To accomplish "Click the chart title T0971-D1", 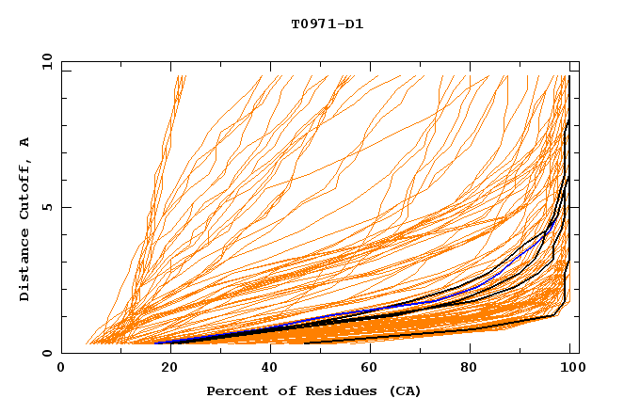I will click(x=327, y=24).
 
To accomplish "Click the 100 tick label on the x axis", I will click(x=571, y=369).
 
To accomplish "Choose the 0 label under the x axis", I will click(x=61, y=369).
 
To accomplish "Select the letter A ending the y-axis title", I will click(x=25, y=142).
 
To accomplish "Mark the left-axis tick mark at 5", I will click(x=65, y=207).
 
